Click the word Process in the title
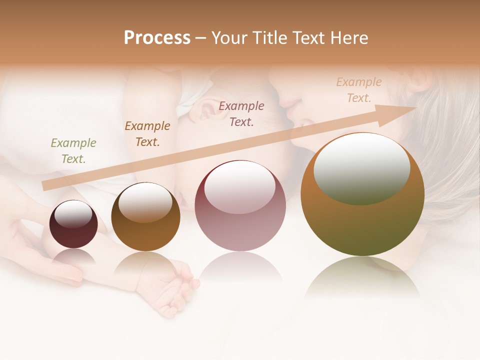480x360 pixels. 157,38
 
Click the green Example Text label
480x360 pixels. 73,151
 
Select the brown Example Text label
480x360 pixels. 147,134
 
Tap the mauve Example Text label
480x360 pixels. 241,114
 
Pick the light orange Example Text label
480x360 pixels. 358,90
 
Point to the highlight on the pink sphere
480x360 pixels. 240,191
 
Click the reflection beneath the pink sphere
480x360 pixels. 240,265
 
